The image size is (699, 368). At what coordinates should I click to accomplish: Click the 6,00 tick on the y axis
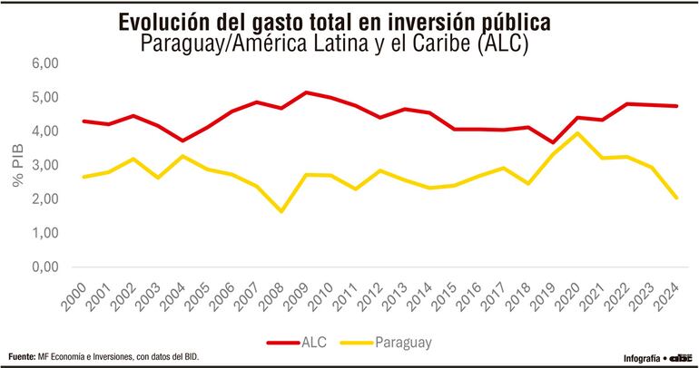44,63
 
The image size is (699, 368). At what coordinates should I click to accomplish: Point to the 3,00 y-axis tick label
44,166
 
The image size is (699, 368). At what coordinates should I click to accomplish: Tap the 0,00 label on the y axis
44,267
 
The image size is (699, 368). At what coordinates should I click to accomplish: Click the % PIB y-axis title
18,166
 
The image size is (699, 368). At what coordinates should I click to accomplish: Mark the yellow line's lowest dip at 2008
281,211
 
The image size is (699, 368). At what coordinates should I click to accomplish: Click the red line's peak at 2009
306,92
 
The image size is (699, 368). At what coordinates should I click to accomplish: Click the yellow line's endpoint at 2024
675,198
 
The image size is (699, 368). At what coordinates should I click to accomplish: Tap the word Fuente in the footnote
21,355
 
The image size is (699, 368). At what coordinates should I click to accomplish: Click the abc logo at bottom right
680,356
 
